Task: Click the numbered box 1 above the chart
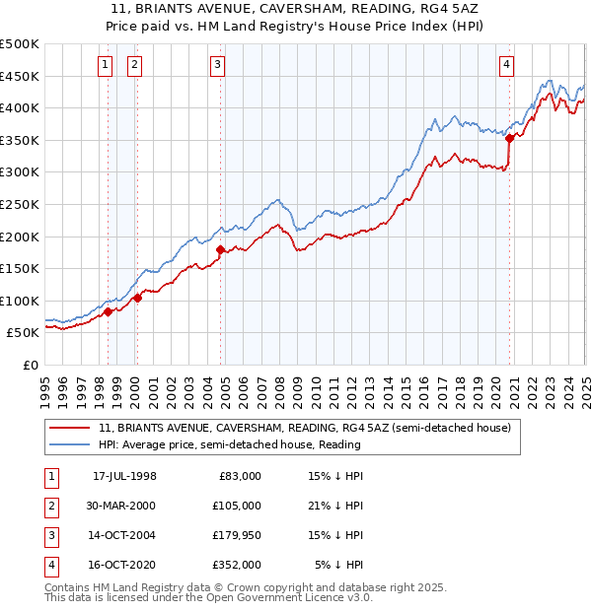point(106,66)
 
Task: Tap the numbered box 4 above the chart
point(506,66)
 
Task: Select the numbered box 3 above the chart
point(217,66)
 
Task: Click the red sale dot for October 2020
point(510,139)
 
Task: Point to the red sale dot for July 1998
point(109,311)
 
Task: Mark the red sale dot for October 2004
point(221,249)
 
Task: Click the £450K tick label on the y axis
point(20,77)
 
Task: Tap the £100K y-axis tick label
point(20,302)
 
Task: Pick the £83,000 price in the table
point(240,476)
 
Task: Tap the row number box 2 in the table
point(48,505)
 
